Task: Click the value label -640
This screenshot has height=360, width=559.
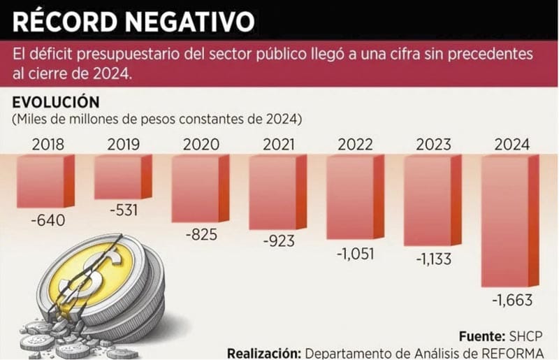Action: pyautogui.click(x=47, y=221)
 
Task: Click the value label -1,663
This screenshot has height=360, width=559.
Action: pyautogui.click(x=512, y=301)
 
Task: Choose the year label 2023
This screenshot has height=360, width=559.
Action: pyautogui.click(x=434, y=145)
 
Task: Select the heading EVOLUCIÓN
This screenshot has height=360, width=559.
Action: pyautogui.click(x=56, y=103)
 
